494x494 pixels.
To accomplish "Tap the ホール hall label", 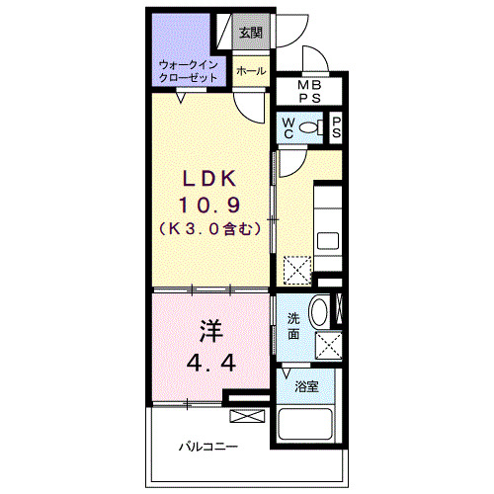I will tap(251, 71).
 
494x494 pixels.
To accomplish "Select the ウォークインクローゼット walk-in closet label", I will tap(187, 70).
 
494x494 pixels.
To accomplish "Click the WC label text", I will tap(288, 127).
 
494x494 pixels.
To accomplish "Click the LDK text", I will tap(208, 179).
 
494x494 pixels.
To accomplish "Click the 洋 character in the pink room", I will tap(208, 329).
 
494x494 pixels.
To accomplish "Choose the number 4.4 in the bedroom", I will tap(208, 362).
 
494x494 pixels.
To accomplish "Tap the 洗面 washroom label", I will tap(293, 326).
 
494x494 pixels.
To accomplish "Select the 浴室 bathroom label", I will tap(307, 386).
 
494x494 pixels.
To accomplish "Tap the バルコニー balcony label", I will tap(207, 447).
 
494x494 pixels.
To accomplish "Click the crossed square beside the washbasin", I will tap(329, 346).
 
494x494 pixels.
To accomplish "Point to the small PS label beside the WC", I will tap(337, 126).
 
